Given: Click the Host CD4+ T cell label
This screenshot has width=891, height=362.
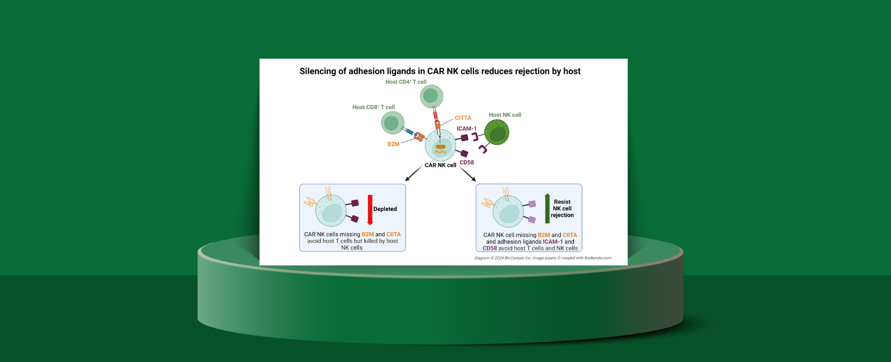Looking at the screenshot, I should [x=406, y=82].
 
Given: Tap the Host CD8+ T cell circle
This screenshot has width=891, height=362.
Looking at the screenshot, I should [x=392, y=123].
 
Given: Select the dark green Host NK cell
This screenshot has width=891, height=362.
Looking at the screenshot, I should [x=497, y=132].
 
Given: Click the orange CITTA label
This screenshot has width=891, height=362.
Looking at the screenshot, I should [x=463, y=118].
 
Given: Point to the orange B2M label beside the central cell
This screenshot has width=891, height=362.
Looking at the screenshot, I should [x=393, y=144].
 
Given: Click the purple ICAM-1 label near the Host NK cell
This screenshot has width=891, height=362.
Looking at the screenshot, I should [x=466, y=129].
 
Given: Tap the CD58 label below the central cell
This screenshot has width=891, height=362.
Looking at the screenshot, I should [x=467, y=162].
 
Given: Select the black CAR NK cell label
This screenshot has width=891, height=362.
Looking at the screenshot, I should [x=440, y=165].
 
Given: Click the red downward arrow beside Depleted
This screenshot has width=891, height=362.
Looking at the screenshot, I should [x=370, y=209].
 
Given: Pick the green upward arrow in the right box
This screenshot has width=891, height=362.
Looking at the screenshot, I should [x=547, y=208].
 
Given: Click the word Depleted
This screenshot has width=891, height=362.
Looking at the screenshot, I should [x=385, y=209].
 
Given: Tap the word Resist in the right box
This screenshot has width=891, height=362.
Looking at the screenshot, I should [x=562, y=202].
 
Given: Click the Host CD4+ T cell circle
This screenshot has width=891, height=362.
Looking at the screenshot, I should [x=431, y=96].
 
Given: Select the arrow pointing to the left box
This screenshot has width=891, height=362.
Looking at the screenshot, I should [x=413, y=174].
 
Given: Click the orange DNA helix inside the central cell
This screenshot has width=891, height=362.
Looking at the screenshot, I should [x=440, y=152].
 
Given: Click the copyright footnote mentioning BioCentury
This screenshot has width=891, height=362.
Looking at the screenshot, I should [x=542, y=258].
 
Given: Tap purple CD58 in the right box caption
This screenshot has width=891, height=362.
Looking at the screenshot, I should [x=490, y=248].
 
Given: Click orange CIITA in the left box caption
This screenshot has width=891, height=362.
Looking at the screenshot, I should [x=393, y=234].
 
